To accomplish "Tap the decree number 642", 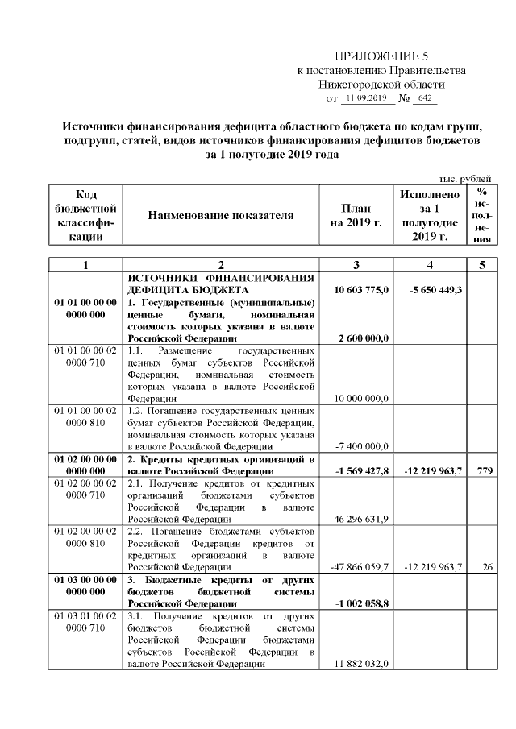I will click(x=424, y=98).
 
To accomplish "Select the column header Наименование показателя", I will click(x=220, y=215).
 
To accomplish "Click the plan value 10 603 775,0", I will click(x=362, y=289).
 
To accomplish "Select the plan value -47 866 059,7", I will click(x=360, y=566).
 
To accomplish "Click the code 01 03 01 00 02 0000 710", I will click(x=85, y=622).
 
